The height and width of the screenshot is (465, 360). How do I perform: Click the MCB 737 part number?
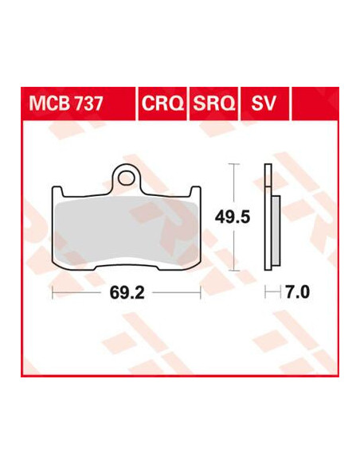[66, 104]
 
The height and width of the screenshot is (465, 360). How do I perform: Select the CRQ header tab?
[162, 104]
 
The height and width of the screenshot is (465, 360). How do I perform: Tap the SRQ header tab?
[213, 104]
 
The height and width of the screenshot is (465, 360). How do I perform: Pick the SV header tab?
[264, 104]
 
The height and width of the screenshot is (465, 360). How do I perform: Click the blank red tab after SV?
[315, 104]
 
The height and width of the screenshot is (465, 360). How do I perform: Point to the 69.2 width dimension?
[127, 293]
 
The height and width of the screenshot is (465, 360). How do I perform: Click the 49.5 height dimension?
[233, 217]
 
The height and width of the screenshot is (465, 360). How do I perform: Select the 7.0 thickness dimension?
[297, 292]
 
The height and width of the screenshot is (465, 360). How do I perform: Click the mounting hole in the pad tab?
[125, 178]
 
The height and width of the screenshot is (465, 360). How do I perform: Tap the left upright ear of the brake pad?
[58, 191]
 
